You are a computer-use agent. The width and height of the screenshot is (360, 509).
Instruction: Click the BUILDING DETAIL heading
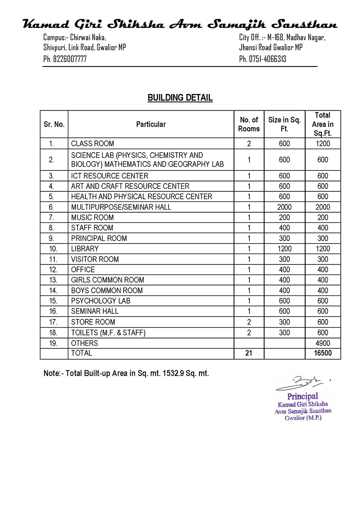pos(180,97)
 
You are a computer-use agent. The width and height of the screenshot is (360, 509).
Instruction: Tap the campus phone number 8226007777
pos(70,59)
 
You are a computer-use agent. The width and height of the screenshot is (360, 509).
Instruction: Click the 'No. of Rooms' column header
pos(249,124)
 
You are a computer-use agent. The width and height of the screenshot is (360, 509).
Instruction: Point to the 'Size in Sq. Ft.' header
pos(284,124)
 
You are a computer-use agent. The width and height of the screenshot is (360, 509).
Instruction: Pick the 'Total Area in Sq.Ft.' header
pos(323,124)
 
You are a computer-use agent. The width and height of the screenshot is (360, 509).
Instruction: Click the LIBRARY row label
pos(85,249)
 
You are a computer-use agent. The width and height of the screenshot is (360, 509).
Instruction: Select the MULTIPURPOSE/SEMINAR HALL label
pos(121,207)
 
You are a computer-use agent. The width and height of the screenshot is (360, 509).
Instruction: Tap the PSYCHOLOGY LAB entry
pos(101,301)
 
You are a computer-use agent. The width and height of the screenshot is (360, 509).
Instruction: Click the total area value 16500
pos(323,353)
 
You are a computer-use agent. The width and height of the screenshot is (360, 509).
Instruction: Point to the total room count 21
pos(249,353)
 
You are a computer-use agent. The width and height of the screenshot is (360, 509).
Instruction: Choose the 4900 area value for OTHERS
pos(323,343)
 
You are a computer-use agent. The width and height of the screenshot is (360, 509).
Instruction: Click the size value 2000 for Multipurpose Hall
pos(284,207)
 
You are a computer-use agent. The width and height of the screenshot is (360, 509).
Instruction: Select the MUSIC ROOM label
pos(92,218)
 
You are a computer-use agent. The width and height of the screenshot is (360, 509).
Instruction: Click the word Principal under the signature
pos(303,396)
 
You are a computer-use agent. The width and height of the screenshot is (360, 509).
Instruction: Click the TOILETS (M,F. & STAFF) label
pos(108,333)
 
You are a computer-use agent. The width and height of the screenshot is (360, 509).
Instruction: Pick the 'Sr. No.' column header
pos(54,124)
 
